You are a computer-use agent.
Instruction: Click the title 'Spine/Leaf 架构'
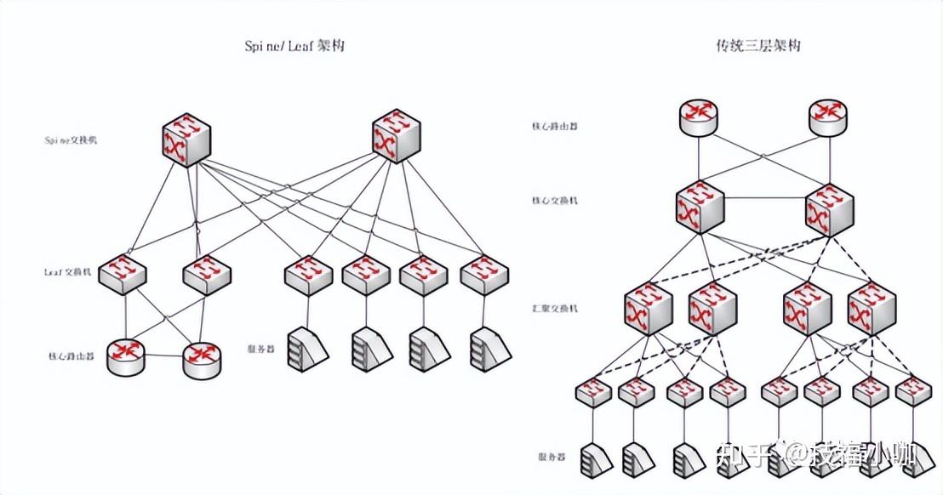point(294,46)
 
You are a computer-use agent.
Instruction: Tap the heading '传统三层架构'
point(758,46)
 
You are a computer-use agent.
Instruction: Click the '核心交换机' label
point(554,201)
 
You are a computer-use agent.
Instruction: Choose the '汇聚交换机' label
point(554,308)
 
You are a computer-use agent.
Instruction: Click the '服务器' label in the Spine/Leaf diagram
point(260,348)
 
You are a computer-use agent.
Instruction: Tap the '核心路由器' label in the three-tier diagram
point(554,126)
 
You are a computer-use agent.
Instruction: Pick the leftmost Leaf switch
point(123,274)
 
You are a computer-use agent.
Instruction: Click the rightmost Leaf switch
point(485,274)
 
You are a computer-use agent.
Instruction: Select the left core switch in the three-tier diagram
point(700,209)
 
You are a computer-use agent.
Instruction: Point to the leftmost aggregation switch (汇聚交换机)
point(649,310)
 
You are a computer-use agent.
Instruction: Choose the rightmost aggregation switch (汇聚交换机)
point(872,310)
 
